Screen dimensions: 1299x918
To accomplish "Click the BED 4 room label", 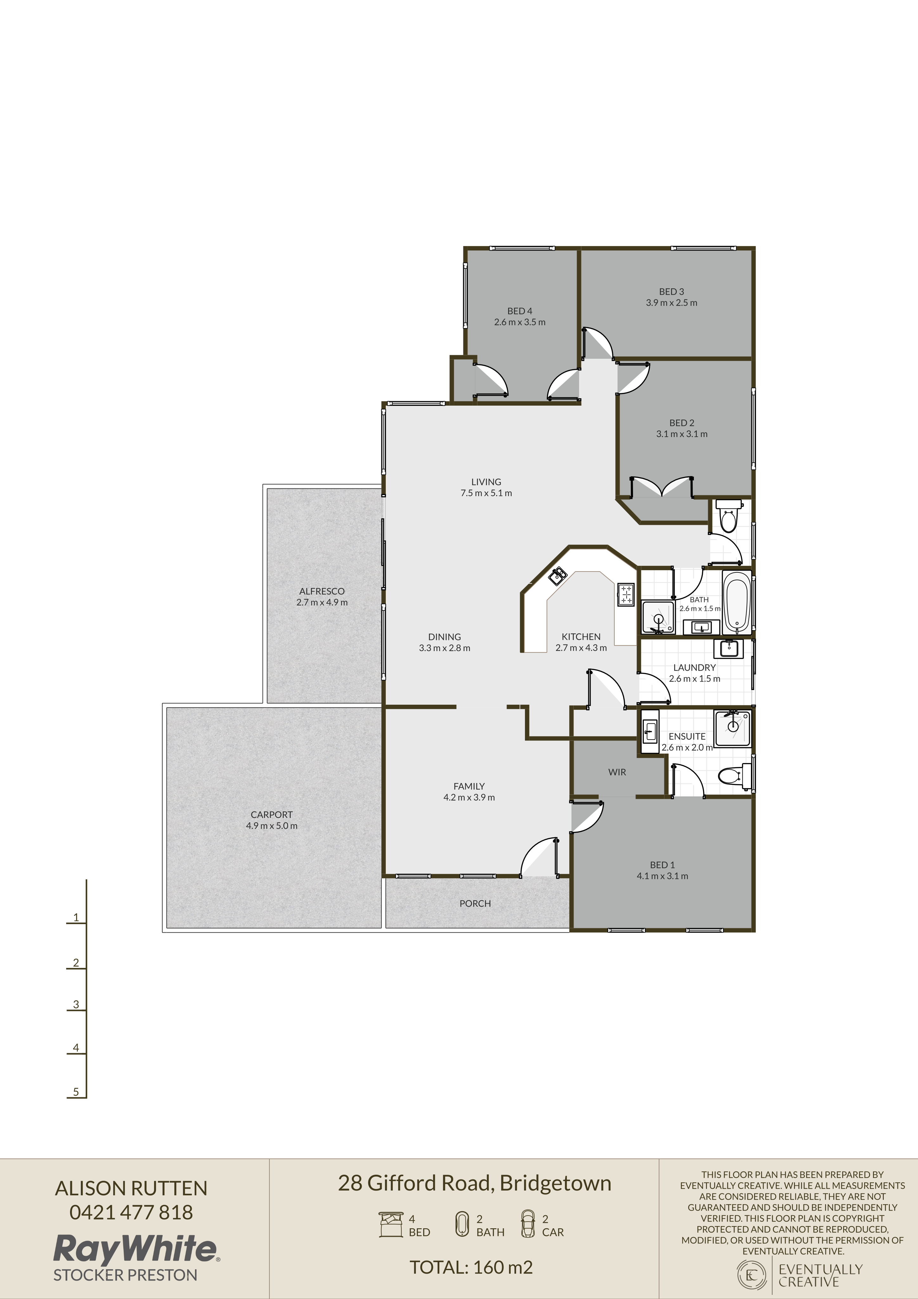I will [519, 310].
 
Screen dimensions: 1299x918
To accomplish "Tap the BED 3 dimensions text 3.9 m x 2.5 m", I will [671, 303].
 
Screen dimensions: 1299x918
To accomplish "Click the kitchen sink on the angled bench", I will [558, 576].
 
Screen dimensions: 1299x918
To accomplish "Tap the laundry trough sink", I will [728, 649].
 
